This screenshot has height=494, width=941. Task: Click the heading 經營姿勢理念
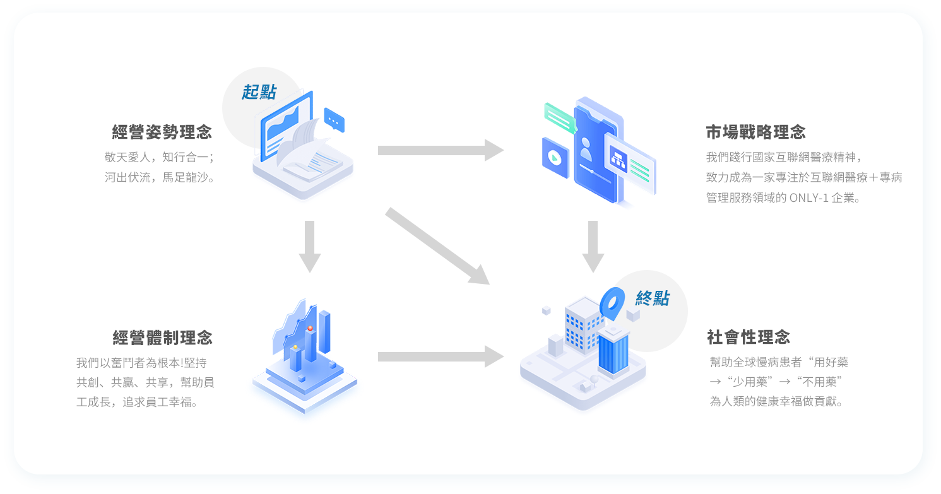(162, 132)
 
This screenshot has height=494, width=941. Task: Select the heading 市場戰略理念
(755, 132)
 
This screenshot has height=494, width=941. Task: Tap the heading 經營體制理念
(162, 338)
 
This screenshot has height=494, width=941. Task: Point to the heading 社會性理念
(749, 338)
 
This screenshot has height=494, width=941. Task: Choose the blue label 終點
(652, 298)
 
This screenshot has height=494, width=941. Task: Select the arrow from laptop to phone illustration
(440, 150)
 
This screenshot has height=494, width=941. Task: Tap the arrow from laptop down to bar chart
(309, 246)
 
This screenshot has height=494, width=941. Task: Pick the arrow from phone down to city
(593, 246)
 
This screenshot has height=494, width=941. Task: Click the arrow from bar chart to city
(440, 356)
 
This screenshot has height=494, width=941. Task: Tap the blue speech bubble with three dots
(334, 119)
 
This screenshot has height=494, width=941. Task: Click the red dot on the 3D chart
(310, 329)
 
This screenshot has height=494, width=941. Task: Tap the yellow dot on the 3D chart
(295, 347)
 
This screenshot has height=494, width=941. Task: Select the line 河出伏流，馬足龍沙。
(160, 177)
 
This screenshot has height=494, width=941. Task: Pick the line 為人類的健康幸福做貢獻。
(776, 401)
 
